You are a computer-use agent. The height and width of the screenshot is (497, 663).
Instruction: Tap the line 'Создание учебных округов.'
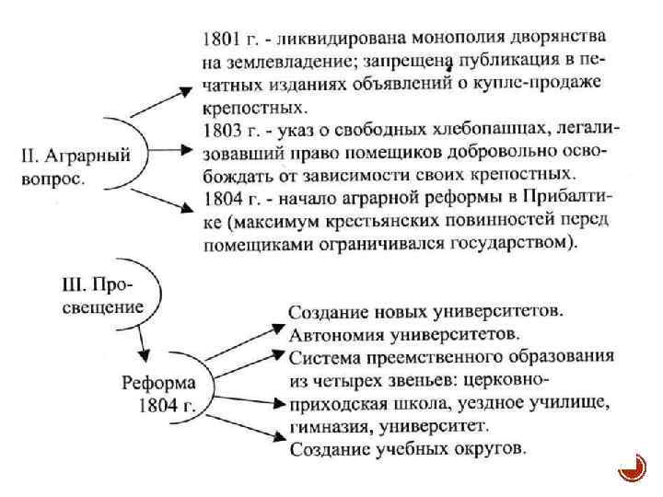[408, 450]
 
